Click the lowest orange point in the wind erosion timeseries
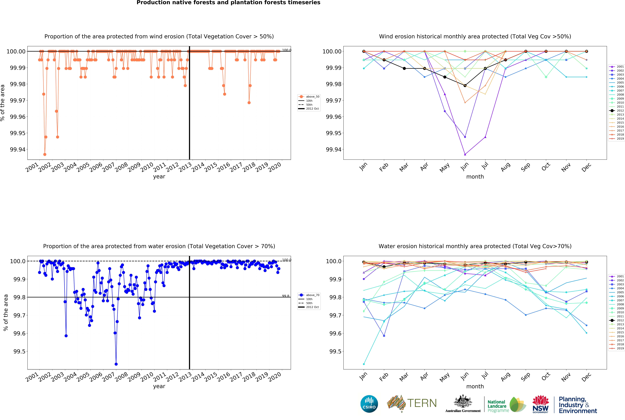pos(45,155)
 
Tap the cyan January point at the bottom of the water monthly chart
pos(364,364)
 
